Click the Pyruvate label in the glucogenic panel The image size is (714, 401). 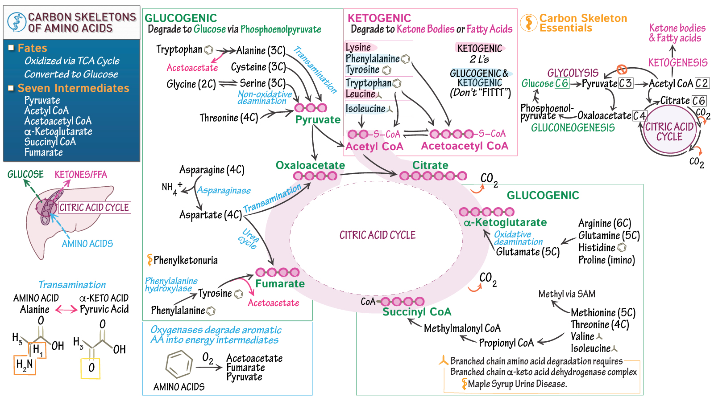(318, 120)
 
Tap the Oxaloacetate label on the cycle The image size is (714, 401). (310, 165)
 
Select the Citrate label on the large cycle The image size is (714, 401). (430, 165)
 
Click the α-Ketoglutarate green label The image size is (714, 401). (505, 222)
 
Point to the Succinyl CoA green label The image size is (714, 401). (417, 312)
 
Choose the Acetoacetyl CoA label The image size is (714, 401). (465, 146)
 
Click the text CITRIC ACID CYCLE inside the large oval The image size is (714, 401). (377, 235)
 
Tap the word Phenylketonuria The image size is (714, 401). (186, 260)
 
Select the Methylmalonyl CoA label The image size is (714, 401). (462, 328)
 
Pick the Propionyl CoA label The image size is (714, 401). (506, 343)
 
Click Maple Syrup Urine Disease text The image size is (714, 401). (517, 384)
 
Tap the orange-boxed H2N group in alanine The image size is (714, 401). (25, 365)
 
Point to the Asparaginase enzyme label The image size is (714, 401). (224, 191)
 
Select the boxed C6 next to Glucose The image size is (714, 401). (562, 83)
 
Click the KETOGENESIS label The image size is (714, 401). (677, 63)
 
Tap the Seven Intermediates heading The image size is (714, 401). (74, 88)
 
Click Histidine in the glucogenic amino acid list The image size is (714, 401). (597, 248)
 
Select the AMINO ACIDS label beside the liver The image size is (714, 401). (87, 244)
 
